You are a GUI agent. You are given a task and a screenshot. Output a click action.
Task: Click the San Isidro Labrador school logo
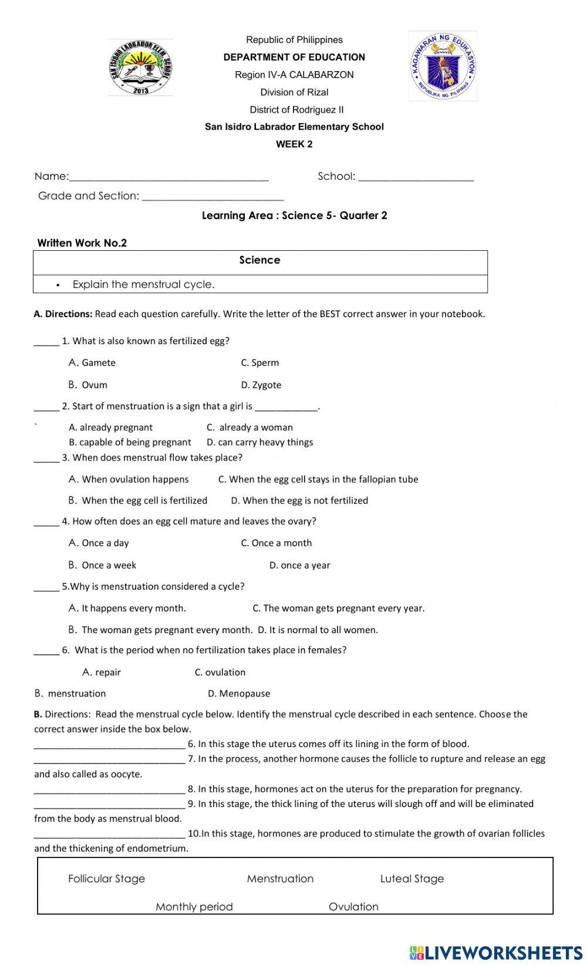(x=140, y=68)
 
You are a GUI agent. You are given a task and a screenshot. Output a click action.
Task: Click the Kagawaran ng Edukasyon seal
(x=443, y=66)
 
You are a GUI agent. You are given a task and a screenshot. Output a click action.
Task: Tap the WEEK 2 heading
(x=294, y=144)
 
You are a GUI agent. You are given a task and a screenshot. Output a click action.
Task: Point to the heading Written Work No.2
(x=82, y=243)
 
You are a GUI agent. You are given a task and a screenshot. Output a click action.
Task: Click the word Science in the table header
(x=259, y=260)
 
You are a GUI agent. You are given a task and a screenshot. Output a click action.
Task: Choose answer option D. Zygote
(x=261, y=385)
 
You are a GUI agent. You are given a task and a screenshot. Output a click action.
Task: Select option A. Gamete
(x=92, y=363)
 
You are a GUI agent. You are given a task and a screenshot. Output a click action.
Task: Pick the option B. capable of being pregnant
(x=130, y=442)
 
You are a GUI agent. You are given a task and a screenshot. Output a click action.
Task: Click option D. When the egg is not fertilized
(x=299, y=500)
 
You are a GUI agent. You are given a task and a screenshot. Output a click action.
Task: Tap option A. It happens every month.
(x=127, y=608)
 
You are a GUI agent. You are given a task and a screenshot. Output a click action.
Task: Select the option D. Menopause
(x=239, y=694)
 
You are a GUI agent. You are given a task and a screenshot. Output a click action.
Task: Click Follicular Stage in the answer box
(x=106, y=879)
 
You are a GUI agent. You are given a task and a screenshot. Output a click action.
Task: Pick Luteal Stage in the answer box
(x=412, y=879)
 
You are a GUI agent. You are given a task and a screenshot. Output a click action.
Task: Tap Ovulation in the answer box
(x=353, y=907)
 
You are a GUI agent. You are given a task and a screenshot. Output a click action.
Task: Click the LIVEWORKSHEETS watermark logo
(x=496, y=952)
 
